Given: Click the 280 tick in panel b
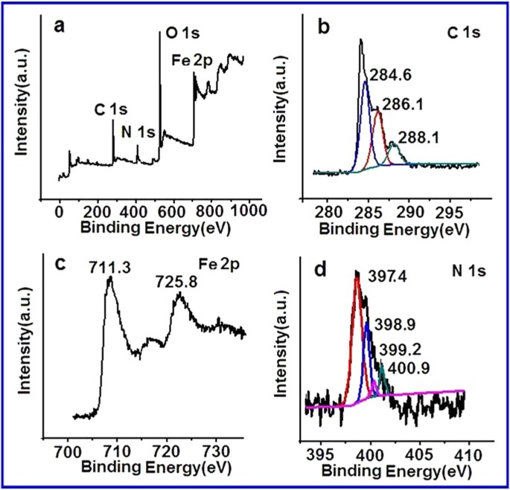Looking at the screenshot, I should click(328, 211).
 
